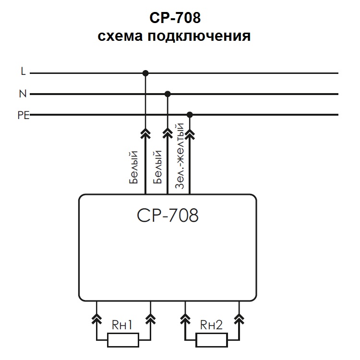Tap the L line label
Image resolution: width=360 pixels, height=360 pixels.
(x=23, y=72)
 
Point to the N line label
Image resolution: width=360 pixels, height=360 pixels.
(x=23, y=94)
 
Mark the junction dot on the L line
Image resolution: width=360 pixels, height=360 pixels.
(x=145, y=73)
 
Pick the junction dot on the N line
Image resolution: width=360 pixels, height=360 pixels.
(x=168, y=94)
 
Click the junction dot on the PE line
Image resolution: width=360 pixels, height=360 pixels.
(x=190, y=115)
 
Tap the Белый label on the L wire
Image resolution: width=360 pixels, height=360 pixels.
(x=134, y=168)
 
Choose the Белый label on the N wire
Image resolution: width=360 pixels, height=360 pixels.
(x=157, y=168)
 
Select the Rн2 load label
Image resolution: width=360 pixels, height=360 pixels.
(x=211, y=325)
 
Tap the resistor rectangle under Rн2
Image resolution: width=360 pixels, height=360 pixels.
(x=212, y=341)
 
